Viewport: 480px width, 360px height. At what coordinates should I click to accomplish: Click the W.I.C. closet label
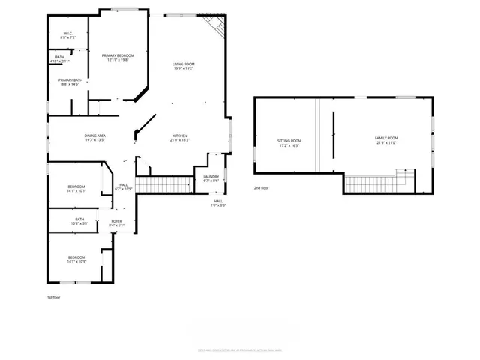(67, 35)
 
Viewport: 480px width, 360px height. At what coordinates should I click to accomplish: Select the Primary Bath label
(70, 82)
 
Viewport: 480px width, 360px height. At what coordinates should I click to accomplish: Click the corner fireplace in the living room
(217, 25)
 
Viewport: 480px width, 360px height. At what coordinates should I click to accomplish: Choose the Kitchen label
(180, 138)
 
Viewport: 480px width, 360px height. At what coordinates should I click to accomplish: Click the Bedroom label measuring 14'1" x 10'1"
(76, 188)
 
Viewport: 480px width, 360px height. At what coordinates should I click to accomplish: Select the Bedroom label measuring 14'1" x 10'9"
(76, 259)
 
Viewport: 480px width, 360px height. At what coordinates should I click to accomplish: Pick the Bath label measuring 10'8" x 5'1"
(79, 222)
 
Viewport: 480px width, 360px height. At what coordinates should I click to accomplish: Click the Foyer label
(117, 223)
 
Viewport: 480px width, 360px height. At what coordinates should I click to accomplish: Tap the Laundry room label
(211, 178)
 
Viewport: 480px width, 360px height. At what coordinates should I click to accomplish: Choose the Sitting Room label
(289, 143)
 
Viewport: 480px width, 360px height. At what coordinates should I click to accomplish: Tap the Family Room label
(386, 140)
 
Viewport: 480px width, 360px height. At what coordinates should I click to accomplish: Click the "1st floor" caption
(53, 298)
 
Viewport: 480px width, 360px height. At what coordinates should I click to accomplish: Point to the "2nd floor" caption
(261, 188)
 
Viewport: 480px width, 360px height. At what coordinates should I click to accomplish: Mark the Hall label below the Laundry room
(217, 202)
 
